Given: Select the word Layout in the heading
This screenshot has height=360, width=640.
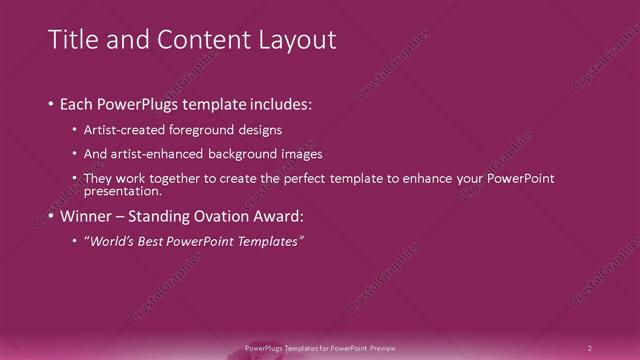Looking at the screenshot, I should (292, 40).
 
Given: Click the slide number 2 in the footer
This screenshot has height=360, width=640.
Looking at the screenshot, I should (590, 348).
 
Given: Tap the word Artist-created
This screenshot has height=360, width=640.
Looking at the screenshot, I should (121, 130).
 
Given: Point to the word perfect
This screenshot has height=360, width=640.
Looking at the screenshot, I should (309, 179).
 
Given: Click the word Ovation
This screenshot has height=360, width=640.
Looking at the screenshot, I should (226, 216).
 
